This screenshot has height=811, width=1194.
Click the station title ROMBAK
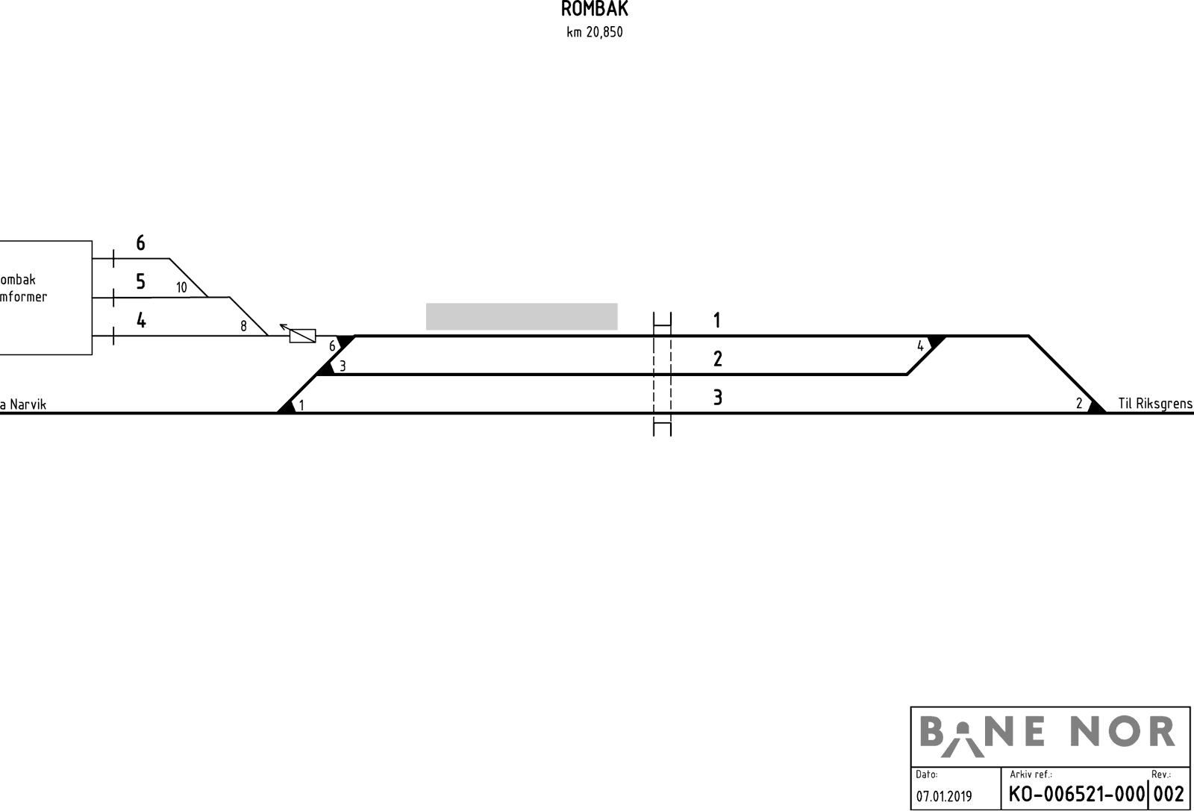click(594, 8)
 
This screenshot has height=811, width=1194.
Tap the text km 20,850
click(594, 33)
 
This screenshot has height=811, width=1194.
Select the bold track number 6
click(141, 243)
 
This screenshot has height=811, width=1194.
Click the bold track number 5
click(141, 281)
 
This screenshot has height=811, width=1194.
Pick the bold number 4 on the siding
click(141, 320)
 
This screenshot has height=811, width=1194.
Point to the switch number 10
click(182, 288)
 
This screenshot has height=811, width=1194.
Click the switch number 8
click(243, 326)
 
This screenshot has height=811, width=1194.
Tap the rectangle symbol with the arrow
click(302, 336)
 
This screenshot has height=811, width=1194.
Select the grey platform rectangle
click(522, 316)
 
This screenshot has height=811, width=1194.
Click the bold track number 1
click(717, 320)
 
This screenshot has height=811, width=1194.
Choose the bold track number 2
click(717, 359)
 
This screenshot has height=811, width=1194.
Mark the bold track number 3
click(717, 398)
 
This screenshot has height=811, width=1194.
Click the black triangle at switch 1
click(287, 407)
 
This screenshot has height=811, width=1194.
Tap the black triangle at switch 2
click(1096, 407)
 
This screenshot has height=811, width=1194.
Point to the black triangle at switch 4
click(937, 342)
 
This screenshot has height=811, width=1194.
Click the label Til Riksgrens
click(1155, 404)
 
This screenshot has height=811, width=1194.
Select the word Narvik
click(28, 404)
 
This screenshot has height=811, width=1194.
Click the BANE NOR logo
click(1048, 737)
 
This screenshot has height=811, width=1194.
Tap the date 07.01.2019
click(944, 797)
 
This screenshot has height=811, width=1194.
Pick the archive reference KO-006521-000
click(1076, 795)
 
